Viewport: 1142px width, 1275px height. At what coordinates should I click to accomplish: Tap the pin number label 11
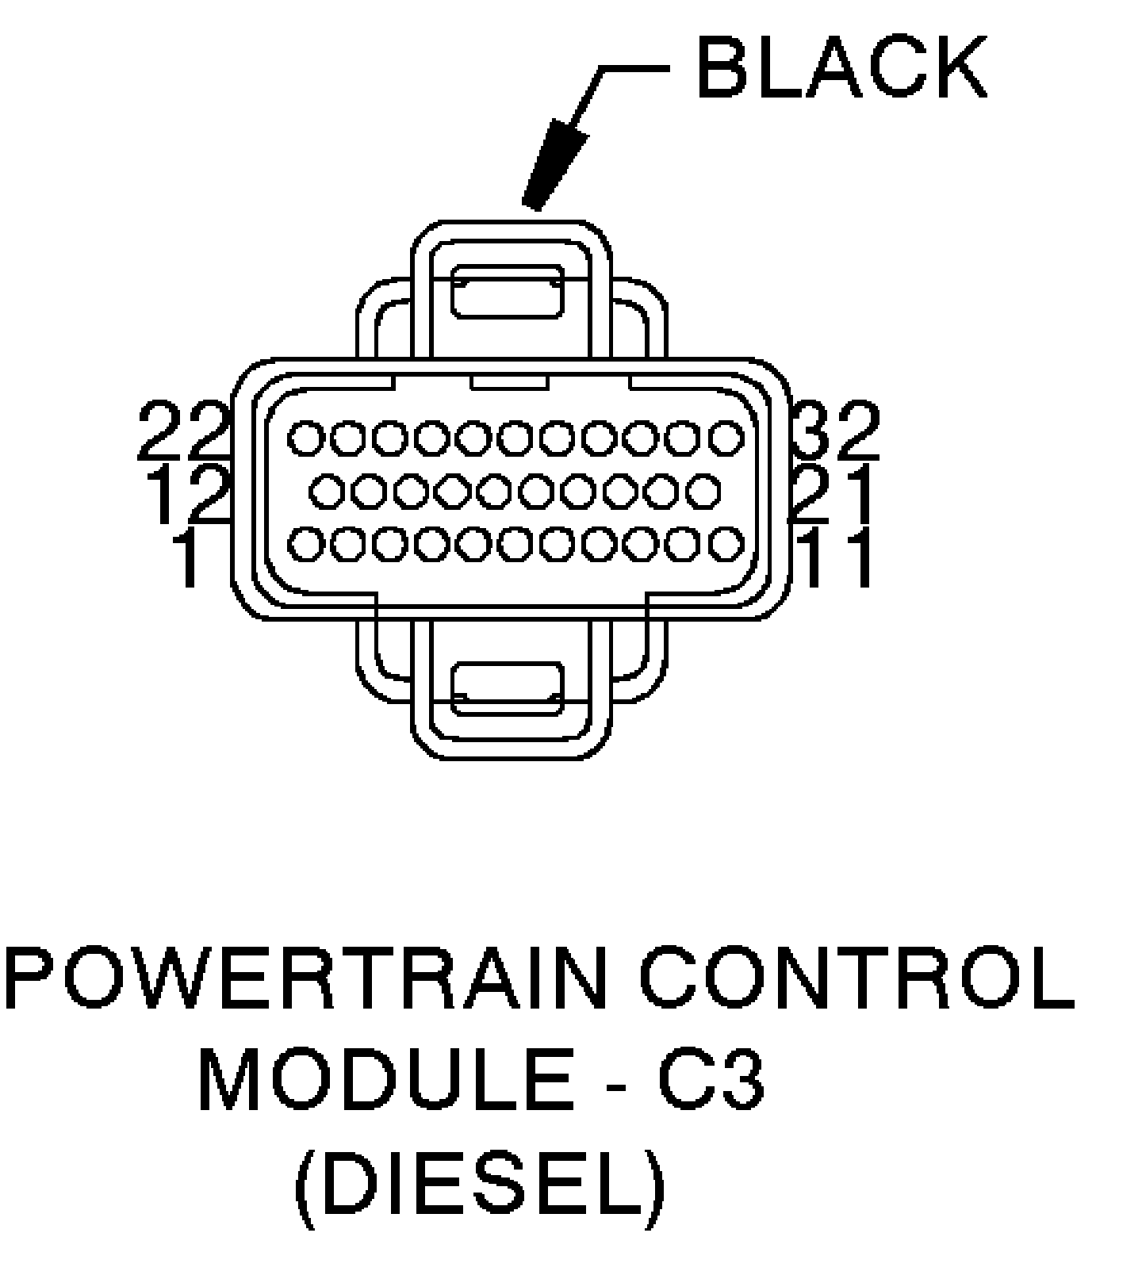837,558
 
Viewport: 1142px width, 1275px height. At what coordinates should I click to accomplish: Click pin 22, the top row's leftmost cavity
306,438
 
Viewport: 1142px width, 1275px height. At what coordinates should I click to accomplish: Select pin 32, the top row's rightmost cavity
725,438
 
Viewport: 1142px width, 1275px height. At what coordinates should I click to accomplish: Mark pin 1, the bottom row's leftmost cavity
306,545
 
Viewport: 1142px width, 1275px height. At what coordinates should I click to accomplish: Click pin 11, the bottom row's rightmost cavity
725,545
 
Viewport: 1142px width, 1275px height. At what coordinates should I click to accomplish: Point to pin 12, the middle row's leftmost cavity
327,492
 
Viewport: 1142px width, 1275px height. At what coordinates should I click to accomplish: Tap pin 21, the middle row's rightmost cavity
703,492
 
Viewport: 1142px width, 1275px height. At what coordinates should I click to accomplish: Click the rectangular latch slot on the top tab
508,292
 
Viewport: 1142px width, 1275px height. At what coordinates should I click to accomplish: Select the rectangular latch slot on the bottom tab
508,687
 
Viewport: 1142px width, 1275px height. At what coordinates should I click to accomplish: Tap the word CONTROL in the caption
856,977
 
